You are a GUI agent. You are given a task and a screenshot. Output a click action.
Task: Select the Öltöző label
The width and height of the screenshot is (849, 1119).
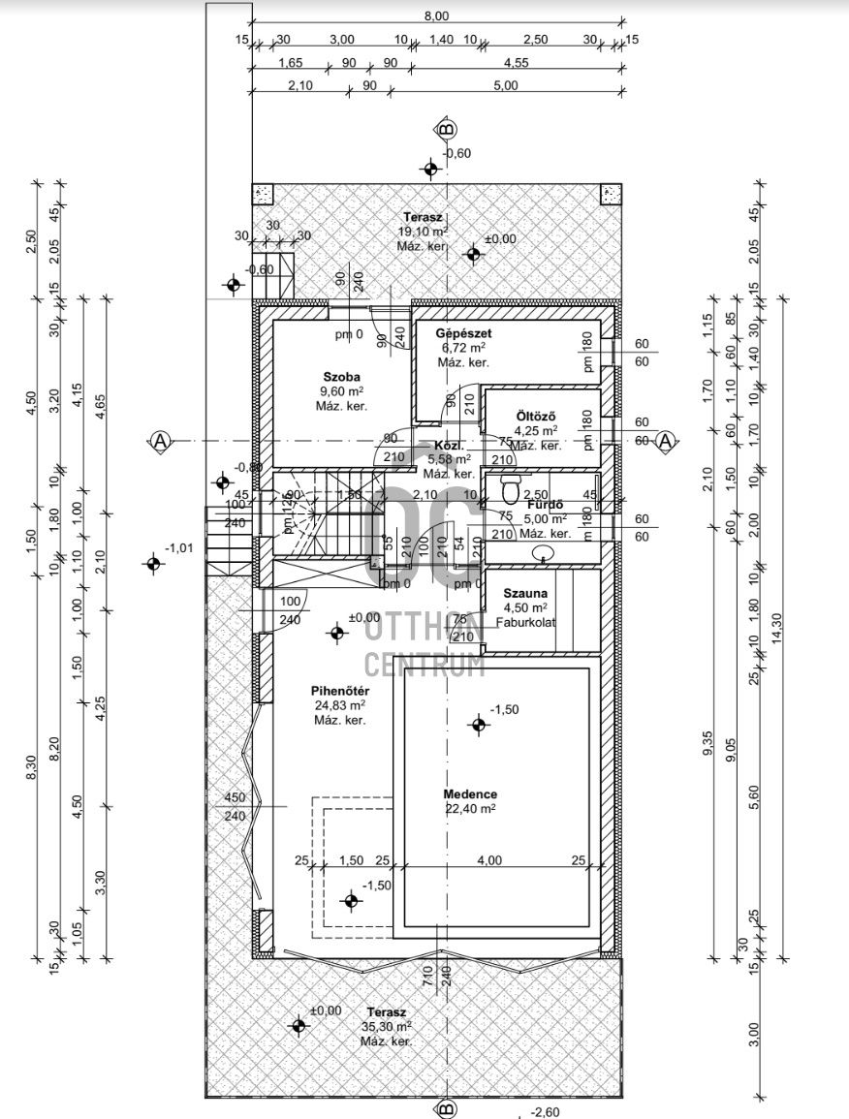[x=535, y=416]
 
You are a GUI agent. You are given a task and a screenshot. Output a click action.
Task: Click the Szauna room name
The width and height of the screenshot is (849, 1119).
[x=524, y=593]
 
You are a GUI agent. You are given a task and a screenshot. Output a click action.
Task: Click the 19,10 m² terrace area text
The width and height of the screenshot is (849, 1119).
[x=422, y=233]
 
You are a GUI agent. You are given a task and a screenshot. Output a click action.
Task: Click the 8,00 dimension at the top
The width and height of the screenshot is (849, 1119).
[x=436, y=16]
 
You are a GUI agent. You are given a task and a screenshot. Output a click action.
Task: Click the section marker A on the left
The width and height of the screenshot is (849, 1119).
[x=161, y=441]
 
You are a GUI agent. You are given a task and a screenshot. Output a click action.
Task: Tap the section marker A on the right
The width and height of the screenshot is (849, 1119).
[x=665, y=441]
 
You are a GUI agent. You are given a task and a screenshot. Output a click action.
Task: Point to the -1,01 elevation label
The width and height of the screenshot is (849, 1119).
[x=181, y=548]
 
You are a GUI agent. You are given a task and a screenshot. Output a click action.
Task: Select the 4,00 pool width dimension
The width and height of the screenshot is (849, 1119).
[x=488, y=860]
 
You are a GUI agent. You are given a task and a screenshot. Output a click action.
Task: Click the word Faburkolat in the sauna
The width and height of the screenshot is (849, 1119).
[x=524, y=622]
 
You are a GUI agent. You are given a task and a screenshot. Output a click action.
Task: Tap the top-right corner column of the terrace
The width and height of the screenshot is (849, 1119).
[x=610, y=194]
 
